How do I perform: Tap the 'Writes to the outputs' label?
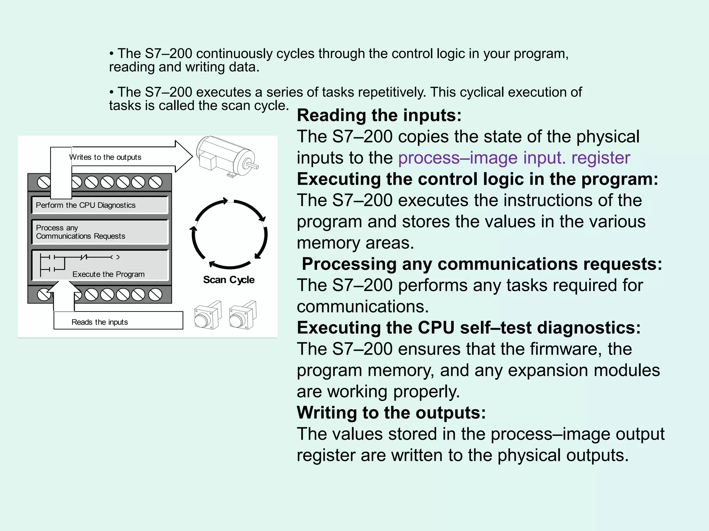pyautogui.click(x=105, y=157)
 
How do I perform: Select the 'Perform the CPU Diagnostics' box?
pyautogui.click(x=99, y=205)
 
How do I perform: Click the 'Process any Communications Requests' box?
pyautogui.click(x=99, y=232)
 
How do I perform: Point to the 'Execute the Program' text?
pyautogui.click(x=108, y=274)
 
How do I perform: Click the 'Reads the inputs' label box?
pyautogui.click(x=118, y=321)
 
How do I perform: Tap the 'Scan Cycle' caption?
pyautogui.click(x=228, y=280)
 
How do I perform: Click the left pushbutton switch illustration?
pyautogui.click(x=207, y=316)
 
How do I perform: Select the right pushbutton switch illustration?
pyautogui.click(x=242, y=316)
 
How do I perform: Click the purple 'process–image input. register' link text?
pyautogui.click(x=514, y=158)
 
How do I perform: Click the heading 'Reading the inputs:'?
pyautogui.click(x=379, y=115)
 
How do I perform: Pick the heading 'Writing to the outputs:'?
pyautogui.click(x=391, y=413)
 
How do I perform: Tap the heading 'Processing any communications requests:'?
pyautogui.click(x=482, y=264)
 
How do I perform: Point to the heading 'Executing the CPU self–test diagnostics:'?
pyautogui.click(x=469, y=328)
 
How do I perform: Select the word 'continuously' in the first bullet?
pyautogui.click(x=234, y=54)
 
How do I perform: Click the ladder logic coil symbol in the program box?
pyautogui.click(x=115, y=257)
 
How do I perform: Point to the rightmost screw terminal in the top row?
pyautogui.click(x=155, y=182)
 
